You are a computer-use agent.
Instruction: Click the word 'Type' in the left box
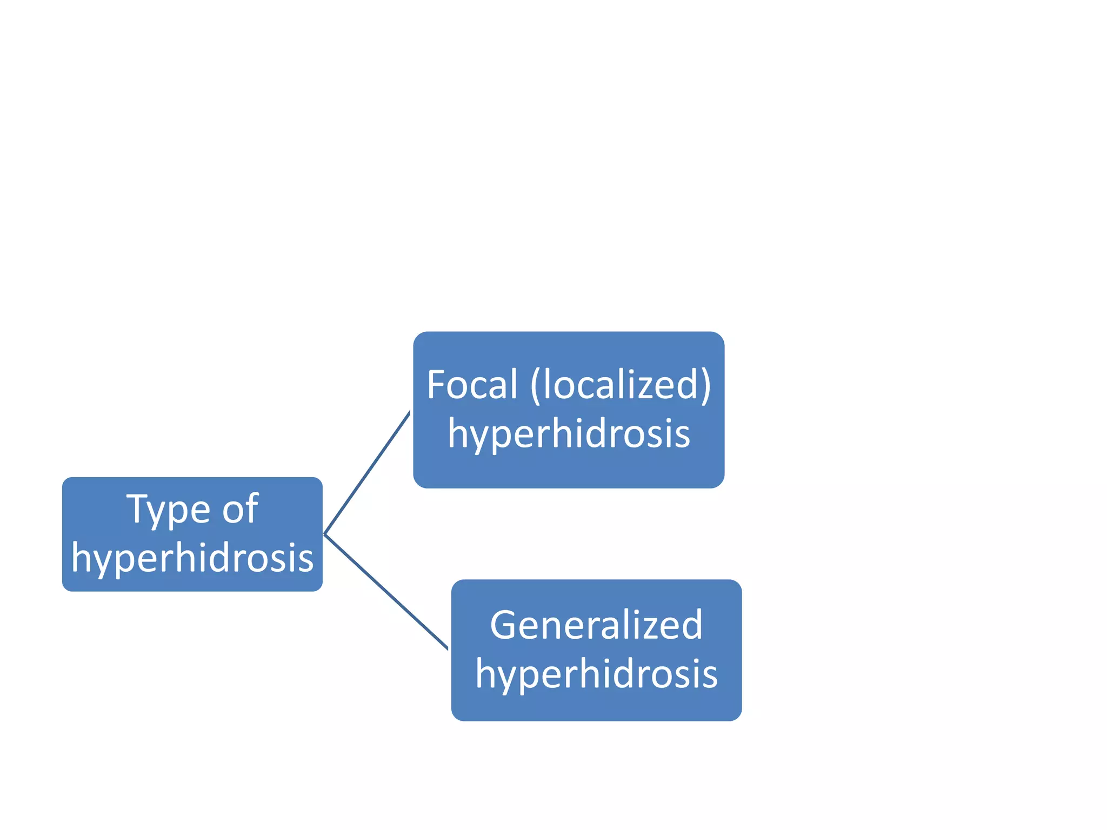point(169,510)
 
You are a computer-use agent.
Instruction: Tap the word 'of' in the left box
point(241,510)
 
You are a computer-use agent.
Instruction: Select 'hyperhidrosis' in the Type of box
point(192,558)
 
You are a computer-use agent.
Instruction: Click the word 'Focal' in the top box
point(472,385)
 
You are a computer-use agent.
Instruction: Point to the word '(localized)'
point(621,385)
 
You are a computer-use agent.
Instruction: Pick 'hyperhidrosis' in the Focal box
point(569,433)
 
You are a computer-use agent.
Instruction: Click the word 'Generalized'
point(596,625)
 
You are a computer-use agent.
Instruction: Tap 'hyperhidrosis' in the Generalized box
point(596,674)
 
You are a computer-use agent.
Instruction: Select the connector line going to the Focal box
point(368,472)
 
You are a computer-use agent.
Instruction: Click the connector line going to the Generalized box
point(386,592)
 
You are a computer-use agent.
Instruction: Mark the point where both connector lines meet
point(324,534)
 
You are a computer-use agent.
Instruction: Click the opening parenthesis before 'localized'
point(535,386)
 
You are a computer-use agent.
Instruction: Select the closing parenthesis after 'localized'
point(706,386)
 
